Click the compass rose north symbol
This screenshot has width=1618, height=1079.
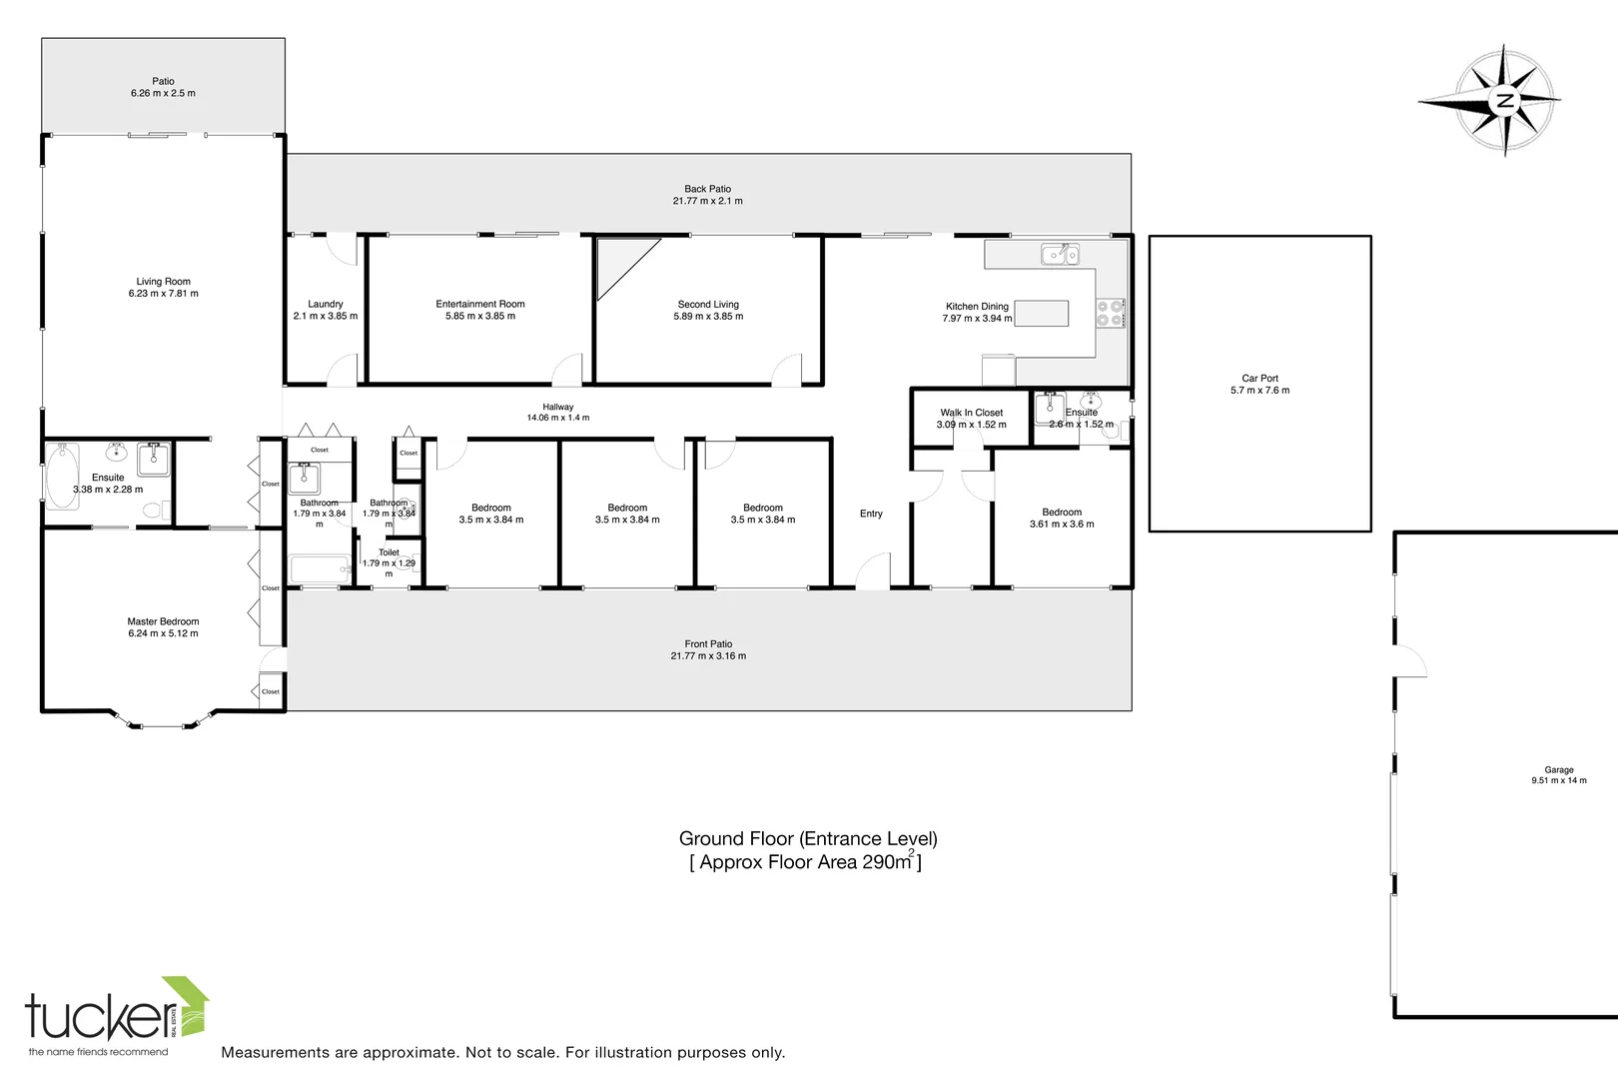pos(1504,100)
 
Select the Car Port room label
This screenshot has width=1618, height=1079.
pos(1259,379)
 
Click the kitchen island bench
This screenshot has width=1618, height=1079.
pos(1042,314)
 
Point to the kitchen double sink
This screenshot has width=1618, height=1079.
pos(1059,255)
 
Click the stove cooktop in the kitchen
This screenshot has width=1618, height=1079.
pos(1110,313)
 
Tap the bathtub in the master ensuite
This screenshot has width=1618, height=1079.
pos(62,477)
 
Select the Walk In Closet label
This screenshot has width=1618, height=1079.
pos(971,413)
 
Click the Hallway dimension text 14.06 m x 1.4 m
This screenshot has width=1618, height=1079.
pos(558,418)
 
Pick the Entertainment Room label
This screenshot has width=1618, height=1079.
pos(480,304)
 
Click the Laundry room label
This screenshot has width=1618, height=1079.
pos(326,304)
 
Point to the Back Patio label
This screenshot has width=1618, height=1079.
pos(707,189)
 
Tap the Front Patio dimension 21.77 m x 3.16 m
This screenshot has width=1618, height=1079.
pos(708,656)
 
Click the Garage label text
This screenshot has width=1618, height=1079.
pos(1558,770)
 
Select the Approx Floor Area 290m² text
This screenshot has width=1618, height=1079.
pos(806,862)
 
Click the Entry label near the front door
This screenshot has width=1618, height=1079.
pos(871,514)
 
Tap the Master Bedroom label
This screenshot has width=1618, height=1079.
pos(163,621)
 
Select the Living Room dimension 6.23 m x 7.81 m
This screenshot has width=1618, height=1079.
pos(163,294)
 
